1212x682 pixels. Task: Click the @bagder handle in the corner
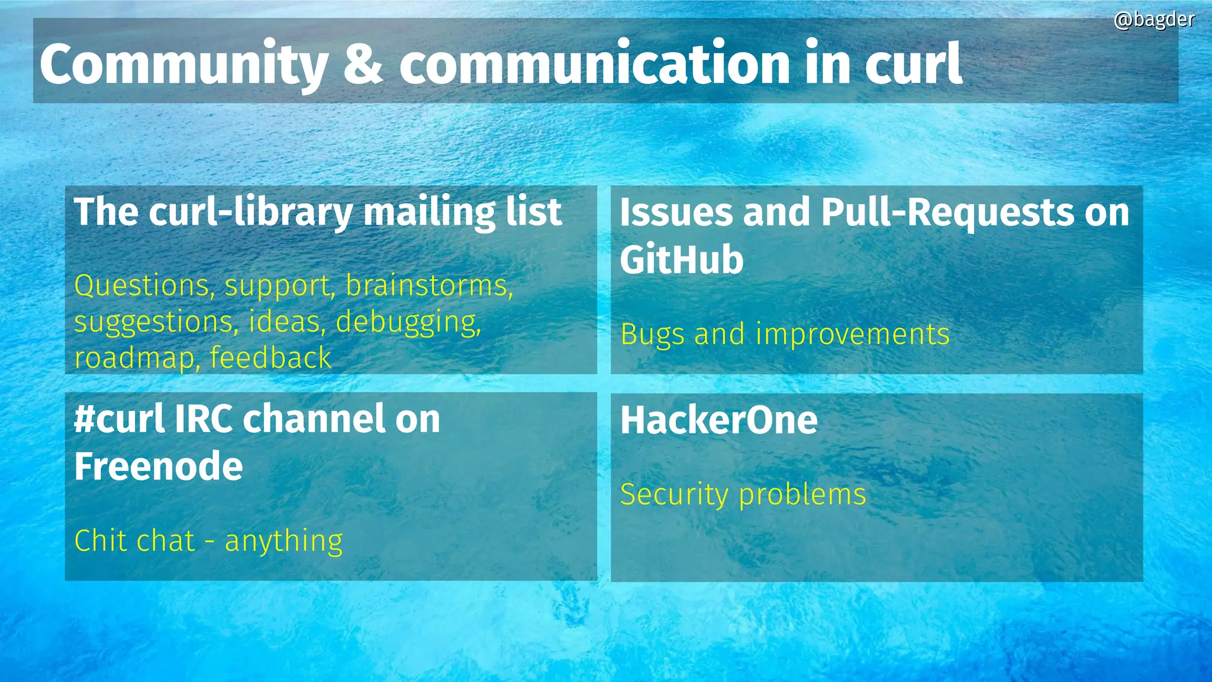tap(1154, 20)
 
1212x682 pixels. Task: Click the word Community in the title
tap(183, 64)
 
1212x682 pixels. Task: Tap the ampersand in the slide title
tap(363, 64)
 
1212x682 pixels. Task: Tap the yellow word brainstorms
tap(429, 285)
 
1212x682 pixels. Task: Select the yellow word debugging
tap(408, 323)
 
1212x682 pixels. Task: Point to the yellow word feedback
tap(270, 358)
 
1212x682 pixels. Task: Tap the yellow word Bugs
tap(653, 335)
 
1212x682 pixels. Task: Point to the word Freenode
tap(159, 467)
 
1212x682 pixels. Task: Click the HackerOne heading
tap(719, 420)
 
